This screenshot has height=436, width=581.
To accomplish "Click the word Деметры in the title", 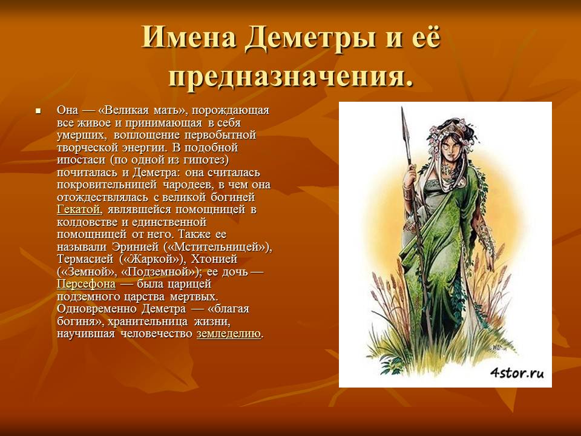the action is click(x=309, y=38).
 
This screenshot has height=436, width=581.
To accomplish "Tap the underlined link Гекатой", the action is click(x=79, y=210).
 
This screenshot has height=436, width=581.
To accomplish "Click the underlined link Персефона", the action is click(x=86, y=284).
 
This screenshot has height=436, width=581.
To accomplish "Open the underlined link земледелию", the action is click(x=229, y=334).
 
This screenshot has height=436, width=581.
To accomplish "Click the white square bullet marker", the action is click(x=38, y=111).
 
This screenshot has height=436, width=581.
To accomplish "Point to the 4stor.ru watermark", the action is click(x=517, y=372).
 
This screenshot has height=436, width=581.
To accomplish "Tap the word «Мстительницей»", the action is click(x=217, y=247).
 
